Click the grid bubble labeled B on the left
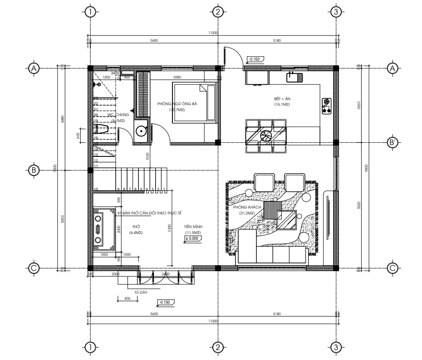click(x=33, y=170)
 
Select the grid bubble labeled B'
click(x=393, y=142)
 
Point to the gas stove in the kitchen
click(x=326, y=105)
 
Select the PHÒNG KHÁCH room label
click(x=247, y=207)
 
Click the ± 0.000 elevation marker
click(x=192, y=238)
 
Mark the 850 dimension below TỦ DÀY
click(x=127, y=298)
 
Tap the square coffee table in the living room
click(x=287, y=220)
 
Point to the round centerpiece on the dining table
click(x=265, y=135)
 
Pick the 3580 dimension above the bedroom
click(x=177, y=77)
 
